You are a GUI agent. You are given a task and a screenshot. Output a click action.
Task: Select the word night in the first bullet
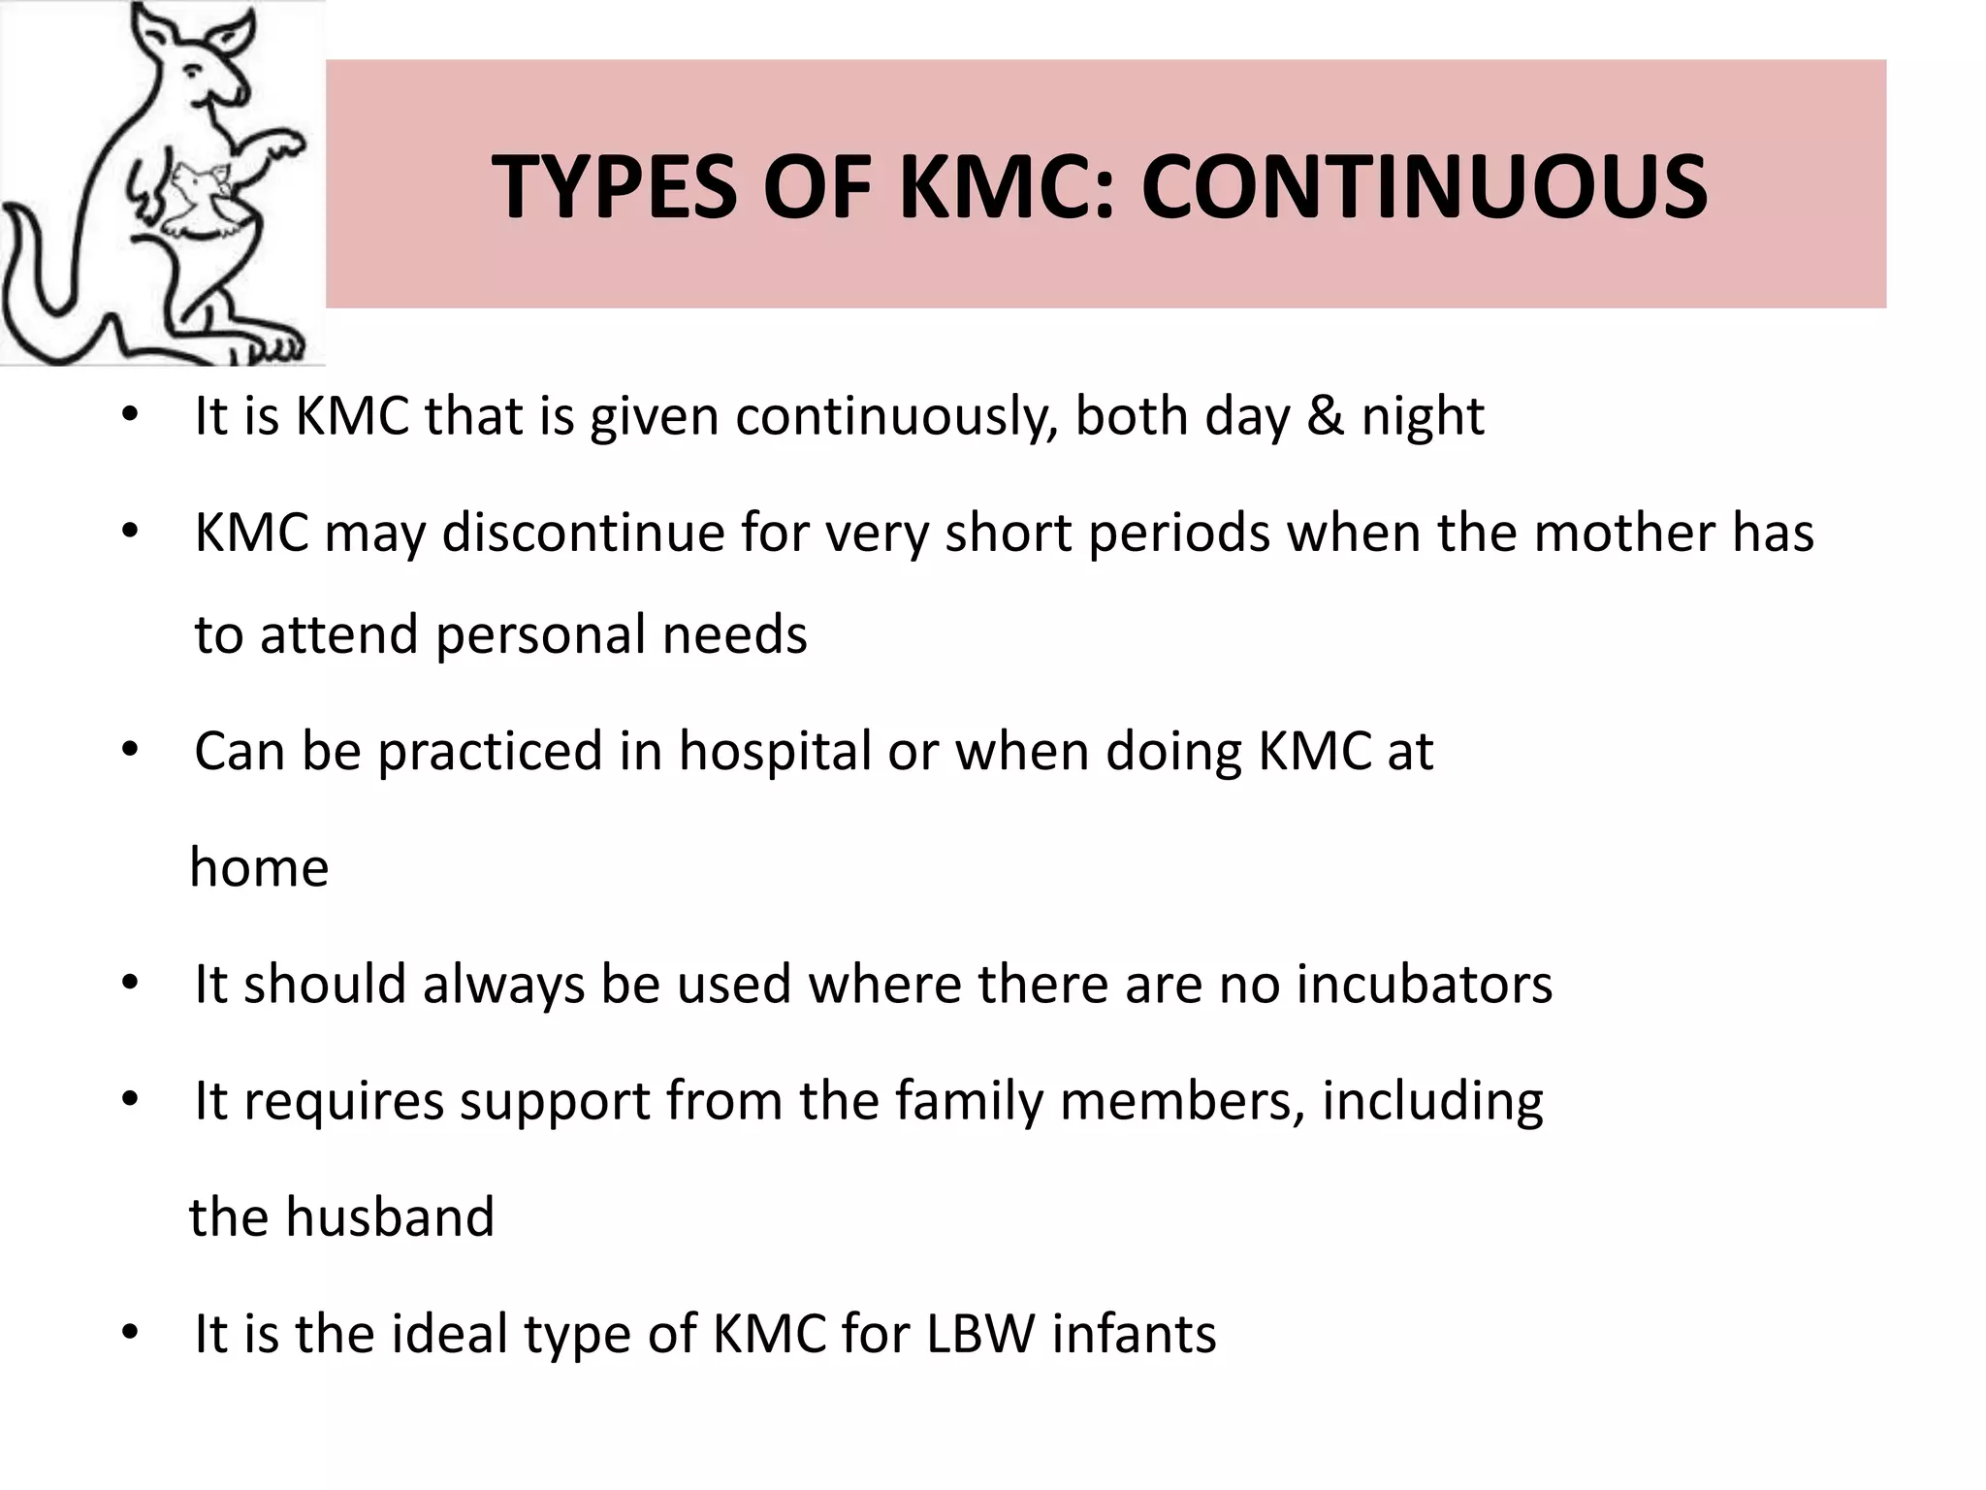1423,418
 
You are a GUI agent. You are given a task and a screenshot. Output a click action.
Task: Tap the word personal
540,635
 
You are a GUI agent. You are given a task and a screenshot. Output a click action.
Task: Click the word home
259,867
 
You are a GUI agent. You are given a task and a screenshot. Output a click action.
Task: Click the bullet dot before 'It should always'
131,985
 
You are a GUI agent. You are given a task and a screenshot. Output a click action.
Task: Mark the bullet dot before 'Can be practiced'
131,752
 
